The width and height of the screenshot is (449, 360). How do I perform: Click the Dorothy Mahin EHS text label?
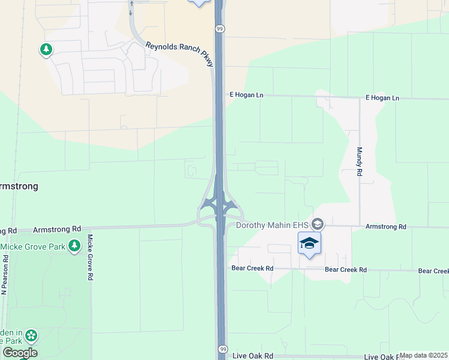[271, 226]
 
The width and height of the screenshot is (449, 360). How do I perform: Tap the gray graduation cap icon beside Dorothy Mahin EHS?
[318, 224]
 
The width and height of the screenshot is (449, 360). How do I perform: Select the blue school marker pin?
[309, 244]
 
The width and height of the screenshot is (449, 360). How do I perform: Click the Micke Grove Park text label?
[33, 247]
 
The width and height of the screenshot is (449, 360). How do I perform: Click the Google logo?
[19, 353]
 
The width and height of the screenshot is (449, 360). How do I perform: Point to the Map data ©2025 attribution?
[423, 355]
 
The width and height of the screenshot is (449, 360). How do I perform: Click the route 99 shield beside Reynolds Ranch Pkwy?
[220, 28]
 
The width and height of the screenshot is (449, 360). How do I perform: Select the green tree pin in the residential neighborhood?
[46, 49]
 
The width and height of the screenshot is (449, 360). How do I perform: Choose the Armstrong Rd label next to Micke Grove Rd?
[57, 229]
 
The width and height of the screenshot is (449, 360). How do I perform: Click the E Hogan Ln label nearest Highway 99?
[247, 95]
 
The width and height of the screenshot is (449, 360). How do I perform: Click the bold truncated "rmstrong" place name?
[19, 186]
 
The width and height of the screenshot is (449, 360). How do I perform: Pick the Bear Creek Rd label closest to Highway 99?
[253, 268]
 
